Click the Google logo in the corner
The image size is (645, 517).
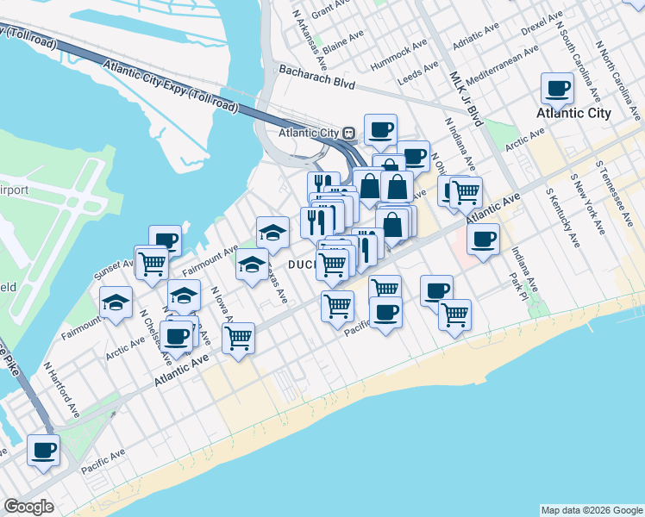(28, 507)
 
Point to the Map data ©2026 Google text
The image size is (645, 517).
(591, 510)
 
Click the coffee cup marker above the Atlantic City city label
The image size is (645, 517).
(557, 88)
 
